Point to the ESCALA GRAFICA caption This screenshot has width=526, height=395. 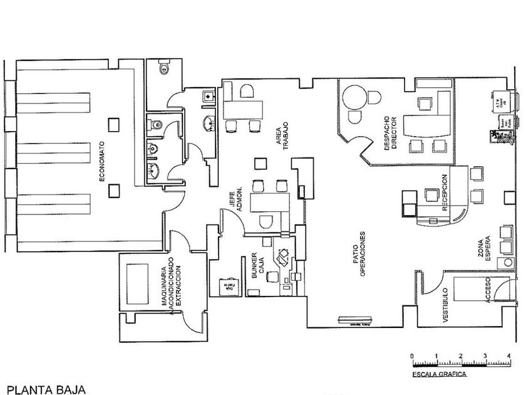(x=438, y=374)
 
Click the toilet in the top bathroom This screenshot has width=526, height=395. (x=165, y=68)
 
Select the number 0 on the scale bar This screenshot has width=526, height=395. (x=412, y=356)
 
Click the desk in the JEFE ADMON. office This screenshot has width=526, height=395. (x=267, y=203)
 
